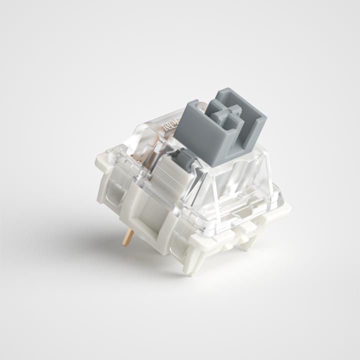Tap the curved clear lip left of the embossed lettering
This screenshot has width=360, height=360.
coord(152,125)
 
